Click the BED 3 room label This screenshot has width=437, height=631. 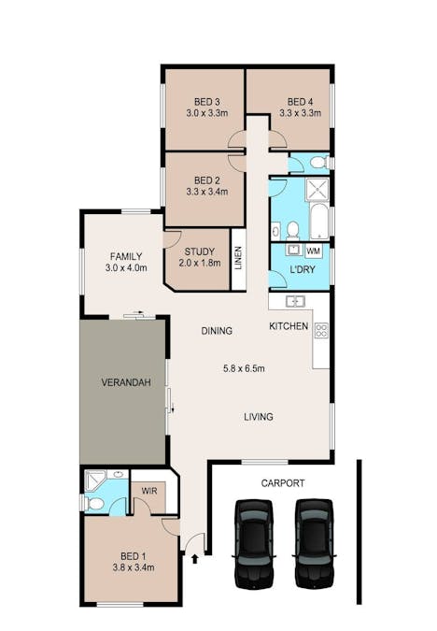tap(206, 101)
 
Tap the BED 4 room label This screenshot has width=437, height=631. tap(299, 101)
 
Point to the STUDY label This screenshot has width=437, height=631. tap(199, 251)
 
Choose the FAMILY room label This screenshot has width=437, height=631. tap(126, 256)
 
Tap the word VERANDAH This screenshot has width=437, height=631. tap(126, 382)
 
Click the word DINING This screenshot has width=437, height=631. tap(217, 331)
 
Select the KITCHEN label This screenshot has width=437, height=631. tap(289, 326)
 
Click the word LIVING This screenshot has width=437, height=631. tap(259, 417)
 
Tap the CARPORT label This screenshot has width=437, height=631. tap(283, 483)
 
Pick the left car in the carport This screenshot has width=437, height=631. tap(253, 543)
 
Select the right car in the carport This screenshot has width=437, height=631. tap(314, 543)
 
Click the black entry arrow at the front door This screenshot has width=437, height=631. tap(194, 559)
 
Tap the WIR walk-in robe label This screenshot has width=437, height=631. tap(148, 490)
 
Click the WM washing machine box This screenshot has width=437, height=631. tap(313, 251)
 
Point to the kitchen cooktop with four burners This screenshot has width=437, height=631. tap(321, 330)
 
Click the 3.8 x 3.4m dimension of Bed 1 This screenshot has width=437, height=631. tap(133, 566)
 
